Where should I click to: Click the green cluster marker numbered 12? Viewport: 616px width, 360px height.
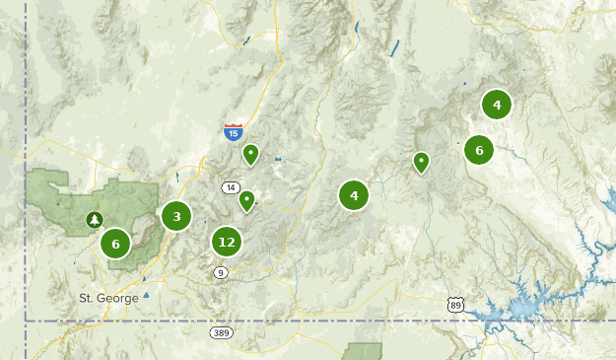pyautogui.click(x=227, y=241)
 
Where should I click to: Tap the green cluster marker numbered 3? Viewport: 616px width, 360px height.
pyautogui.click(x=176, y=216)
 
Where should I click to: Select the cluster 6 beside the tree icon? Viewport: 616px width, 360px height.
pyautogui.click(x=115, y=244)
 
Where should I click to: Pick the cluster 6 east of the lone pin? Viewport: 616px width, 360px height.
pyautogui.click(x=479, y=150)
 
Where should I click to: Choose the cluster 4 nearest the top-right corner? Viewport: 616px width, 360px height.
pyautogui.click(x=497, y=105)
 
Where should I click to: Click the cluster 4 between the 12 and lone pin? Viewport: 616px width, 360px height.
pyautogui.click(x=353, y=195)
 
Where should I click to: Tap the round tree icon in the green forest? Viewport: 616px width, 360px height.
pyautogui.click(x=94, y=219)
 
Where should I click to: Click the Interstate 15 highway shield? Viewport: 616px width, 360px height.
pyautogui.click(x=233, y=131)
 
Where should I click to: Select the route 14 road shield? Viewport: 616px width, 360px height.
pyautogui.click(x=231, y=187)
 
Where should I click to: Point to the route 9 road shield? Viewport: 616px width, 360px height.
pyautogui.click(x=220, y=272)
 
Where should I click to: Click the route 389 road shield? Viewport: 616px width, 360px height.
pyautogui.click(x=221, y=333)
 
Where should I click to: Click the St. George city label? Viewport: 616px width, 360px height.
pyautogui.click(x=108, y=297)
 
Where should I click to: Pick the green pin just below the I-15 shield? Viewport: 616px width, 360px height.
pyautogui.click(x=251, y=154)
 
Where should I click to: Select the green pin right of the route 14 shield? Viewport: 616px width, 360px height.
pyautogui.click(x=246, y=200)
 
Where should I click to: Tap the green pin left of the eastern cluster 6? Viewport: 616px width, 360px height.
pyautogui.click(x=422, y=161)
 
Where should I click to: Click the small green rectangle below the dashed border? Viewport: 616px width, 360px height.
pyautogui.click(x=366, y=351)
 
